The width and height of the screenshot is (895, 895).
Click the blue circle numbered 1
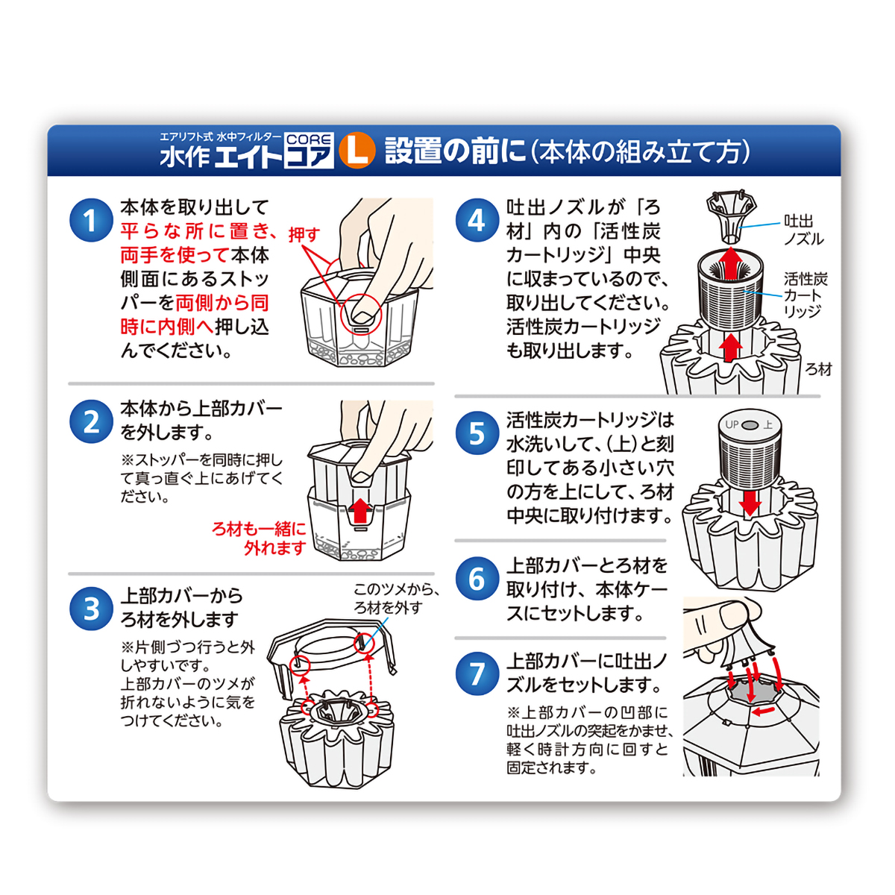tap(91, 220)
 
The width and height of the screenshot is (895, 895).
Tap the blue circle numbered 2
tap(91, 421)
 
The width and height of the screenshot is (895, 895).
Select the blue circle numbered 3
tap(91, 609)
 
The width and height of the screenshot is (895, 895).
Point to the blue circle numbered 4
tap(477, 220)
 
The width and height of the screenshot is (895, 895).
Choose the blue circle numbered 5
tap(477, 433)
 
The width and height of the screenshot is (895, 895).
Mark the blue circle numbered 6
tap(477, 578)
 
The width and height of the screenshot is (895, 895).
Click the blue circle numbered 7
tap(477, 673)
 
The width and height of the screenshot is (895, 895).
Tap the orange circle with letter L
tap(357, 151)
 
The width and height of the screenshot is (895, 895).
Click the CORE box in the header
tap(309, 139)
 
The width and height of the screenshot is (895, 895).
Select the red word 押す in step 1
tap(304, 234)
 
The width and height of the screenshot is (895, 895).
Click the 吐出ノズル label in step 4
tap(803, 230)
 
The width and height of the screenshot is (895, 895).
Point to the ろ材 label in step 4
tap(818, 369)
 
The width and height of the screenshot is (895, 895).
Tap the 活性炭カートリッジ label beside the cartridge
tap(805, 295)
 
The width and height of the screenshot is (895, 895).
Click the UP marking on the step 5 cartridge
tap(732, 424)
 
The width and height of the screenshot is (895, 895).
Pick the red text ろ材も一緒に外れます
tap(261, 538)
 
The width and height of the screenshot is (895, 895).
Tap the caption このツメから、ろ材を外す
tap(395, 598)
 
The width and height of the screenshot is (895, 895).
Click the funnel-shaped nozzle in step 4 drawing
tap(731, 216)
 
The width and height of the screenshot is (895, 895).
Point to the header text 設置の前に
tap(456, 151)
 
